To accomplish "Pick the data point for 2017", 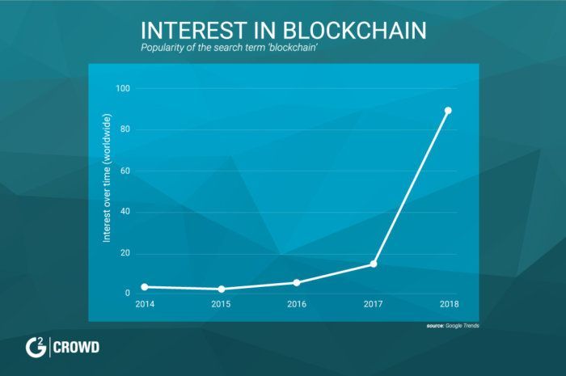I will coord(374,264).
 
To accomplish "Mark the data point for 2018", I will coord(448,111).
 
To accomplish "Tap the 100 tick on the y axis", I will coord(123,88).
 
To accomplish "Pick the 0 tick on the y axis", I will coord(128,294).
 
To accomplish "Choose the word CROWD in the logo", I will coord(78,349).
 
